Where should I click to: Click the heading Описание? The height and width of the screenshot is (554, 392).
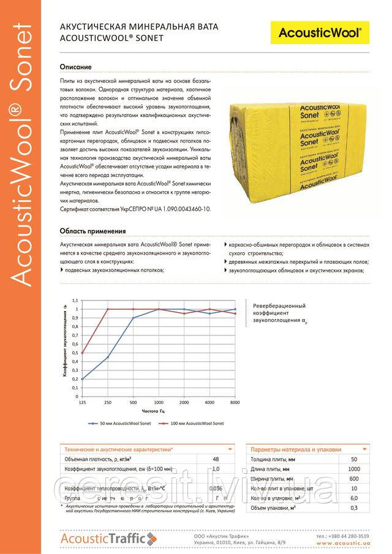click(75, 66)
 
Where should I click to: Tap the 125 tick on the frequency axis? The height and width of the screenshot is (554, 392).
click(81, 402)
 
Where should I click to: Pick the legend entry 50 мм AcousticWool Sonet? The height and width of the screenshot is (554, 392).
click(119, 423)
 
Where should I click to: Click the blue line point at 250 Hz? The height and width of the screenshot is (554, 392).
click(108, 357)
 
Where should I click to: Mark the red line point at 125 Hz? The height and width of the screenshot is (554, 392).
click(81, 353)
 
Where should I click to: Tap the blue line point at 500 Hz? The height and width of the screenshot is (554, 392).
click(133, 317)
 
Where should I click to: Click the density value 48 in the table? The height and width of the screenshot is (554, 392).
click(215, 459)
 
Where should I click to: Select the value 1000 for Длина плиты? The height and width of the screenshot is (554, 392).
click(354, 469)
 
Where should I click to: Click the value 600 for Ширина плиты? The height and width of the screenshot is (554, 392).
click(354, 479)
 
